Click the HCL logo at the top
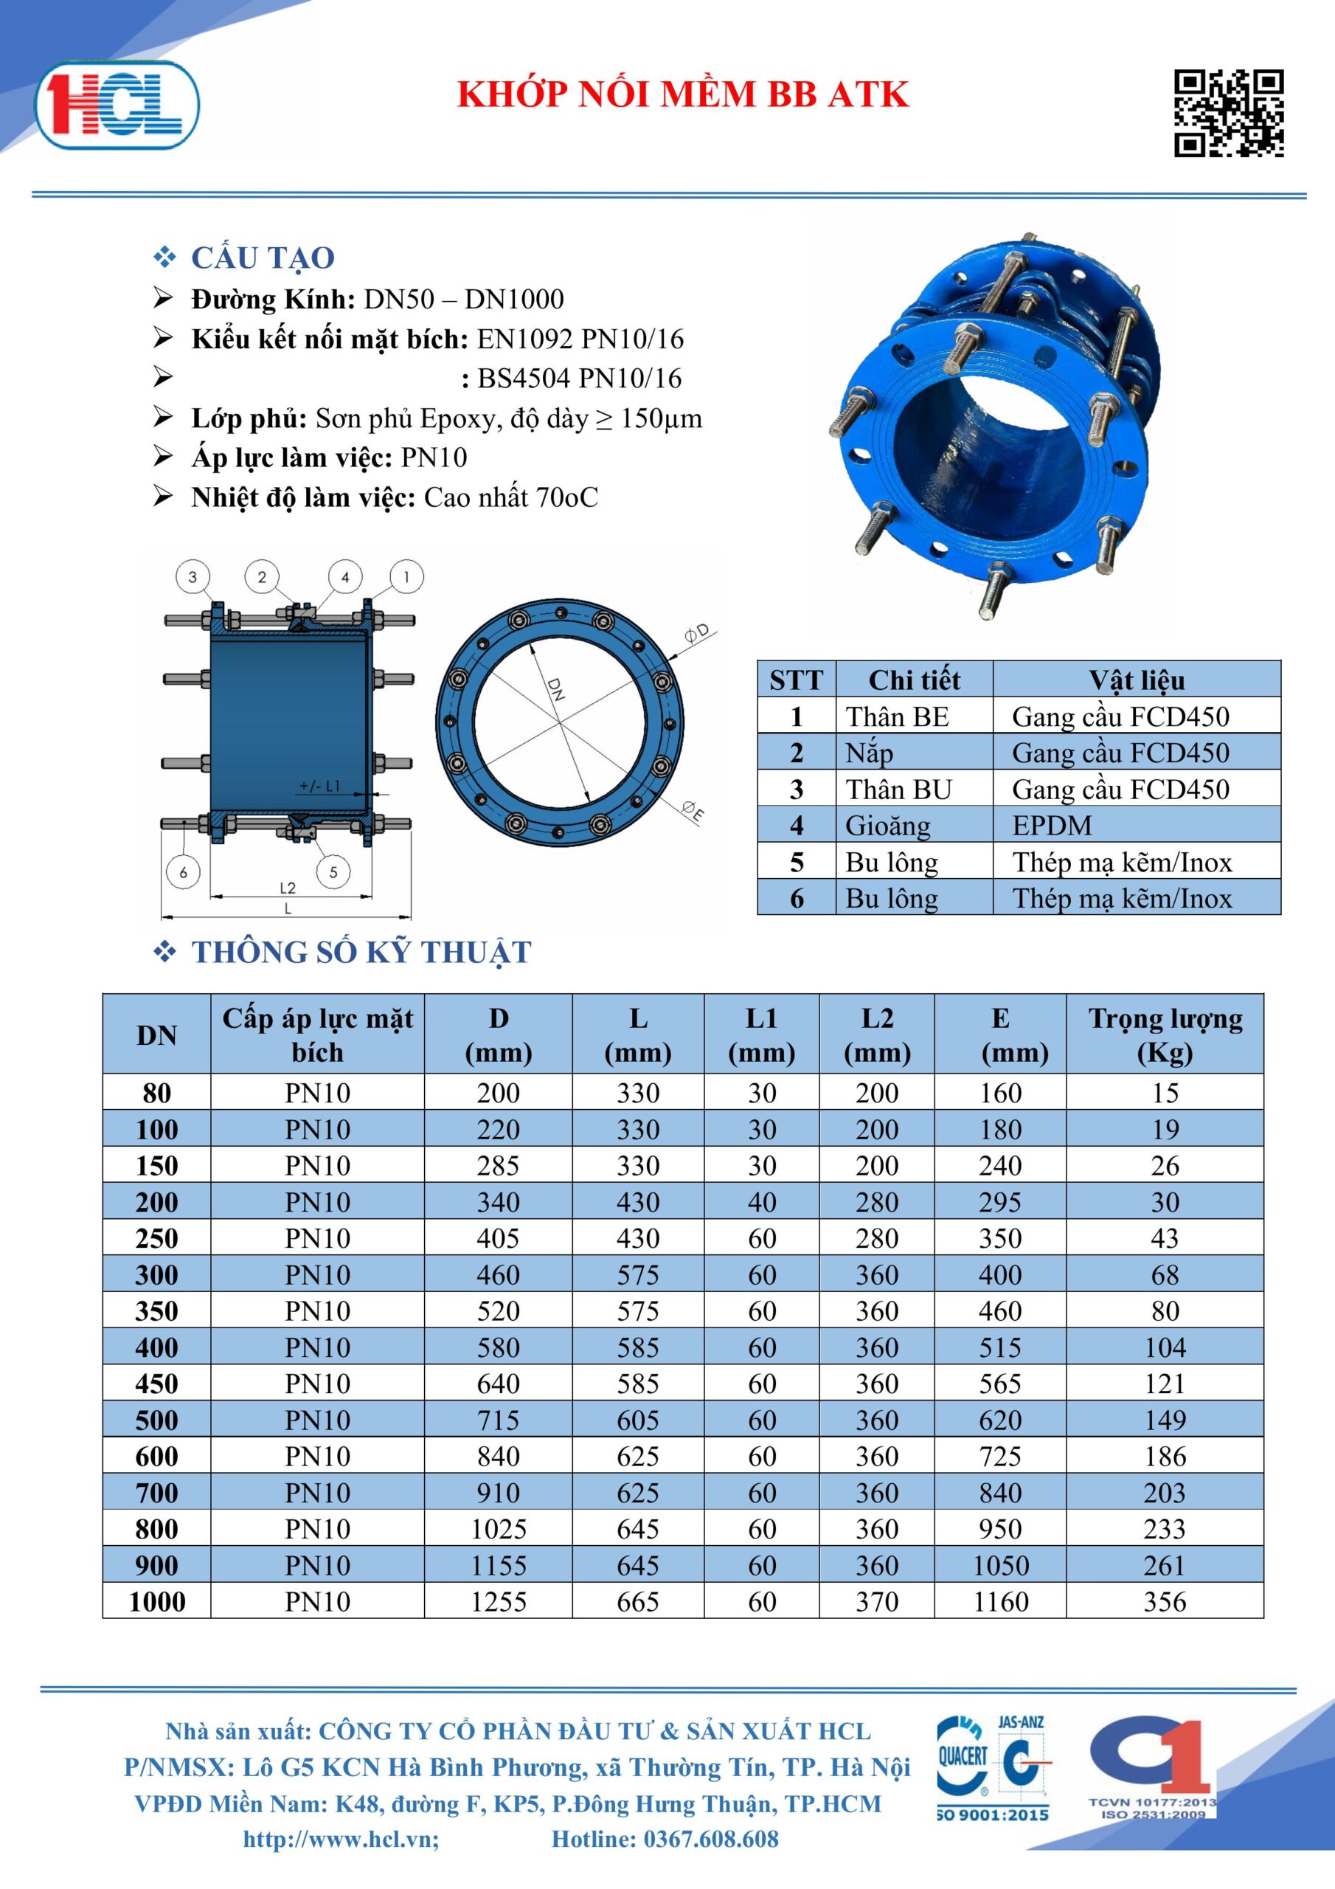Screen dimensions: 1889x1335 coord(117,106)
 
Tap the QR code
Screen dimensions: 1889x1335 coord(1228,113)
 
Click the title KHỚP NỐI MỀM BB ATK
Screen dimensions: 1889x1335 coord(683,94)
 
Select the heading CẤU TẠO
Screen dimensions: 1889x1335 coord(263,258)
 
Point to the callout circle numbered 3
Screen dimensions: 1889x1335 coord(193,577)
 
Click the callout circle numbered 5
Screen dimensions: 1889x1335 coord(333,872)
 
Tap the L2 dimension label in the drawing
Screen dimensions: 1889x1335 coord(287,888)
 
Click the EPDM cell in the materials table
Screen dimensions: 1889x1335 coord(1052,825)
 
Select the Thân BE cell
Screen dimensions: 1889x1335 coord(898,716)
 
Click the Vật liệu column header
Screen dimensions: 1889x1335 coord(1137,680)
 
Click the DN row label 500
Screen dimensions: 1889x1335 coord(156,1420)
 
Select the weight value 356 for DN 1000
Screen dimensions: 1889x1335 coord(1165,1602)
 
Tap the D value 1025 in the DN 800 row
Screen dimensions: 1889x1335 coord(499,1529)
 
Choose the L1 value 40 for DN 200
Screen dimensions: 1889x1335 coord(762,1202)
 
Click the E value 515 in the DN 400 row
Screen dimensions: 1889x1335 coord(1000,1347)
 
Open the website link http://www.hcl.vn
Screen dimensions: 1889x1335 coord(341,1839)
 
